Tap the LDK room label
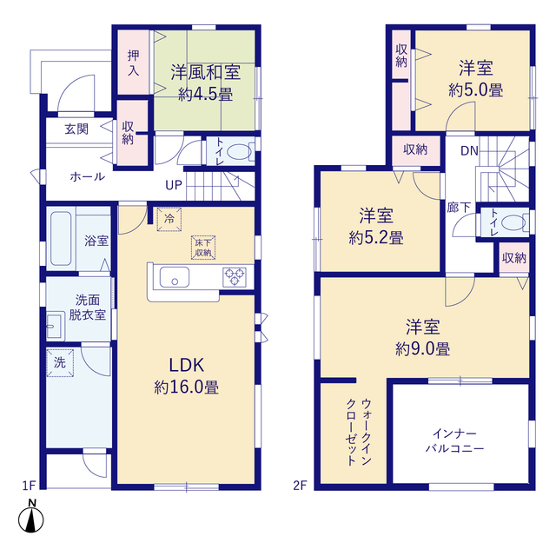coord(187,365)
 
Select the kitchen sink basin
coord(174,277)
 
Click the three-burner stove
coord(235,277)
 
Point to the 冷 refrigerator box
coord(169,219)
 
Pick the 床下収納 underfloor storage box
coord(203,248)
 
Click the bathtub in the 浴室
coord(61,238)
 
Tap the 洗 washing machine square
coord(60,363)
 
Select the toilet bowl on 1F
coord(239,152)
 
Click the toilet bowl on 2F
coord(513,223)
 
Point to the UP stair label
coord(174,185)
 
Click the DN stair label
coord(469,151)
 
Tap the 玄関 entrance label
coord(76,129)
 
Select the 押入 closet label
coord(133,63)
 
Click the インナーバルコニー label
coord(454,441)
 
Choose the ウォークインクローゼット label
coord(359,432)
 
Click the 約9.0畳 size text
coord(423,349)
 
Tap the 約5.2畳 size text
coord(376,238)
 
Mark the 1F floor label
coord(29,486)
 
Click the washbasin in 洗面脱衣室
coord(55,327)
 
